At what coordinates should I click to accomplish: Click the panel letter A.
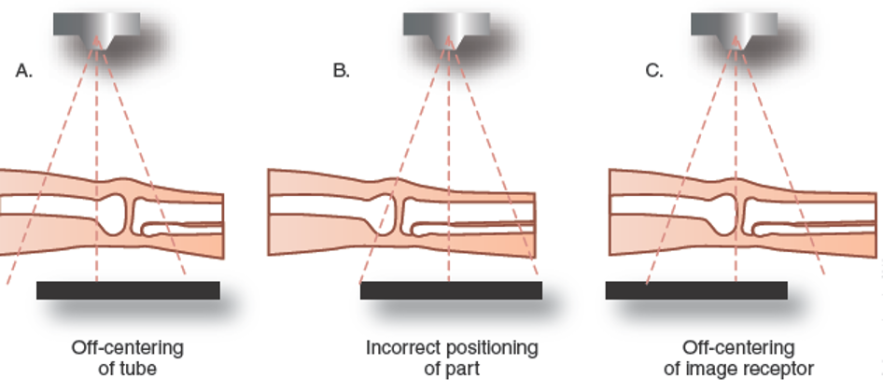[24, 71]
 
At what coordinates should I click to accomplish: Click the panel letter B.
[342, 71]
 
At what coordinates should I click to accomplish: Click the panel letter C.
[654, 71]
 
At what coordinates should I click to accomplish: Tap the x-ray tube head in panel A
[96, 25]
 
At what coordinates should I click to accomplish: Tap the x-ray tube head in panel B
[446, 25]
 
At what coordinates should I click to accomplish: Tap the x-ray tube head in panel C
[735, 25]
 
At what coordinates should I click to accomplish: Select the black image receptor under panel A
[128, 290]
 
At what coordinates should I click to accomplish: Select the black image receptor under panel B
[451, 290]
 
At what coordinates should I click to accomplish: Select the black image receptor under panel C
[695, 290]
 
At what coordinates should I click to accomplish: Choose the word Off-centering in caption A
[128, 348]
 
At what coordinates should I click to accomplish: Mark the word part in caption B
[464, 369]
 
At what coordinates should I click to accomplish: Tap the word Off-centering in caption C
[738, 348]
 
